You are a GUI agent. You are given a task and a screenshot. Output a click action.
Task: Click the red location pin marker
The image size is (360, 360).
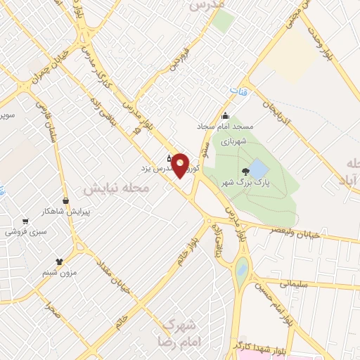pos(181,165)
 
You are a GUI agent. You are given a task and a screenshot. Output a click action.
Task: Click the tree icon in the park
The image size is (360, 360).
pos(245,171)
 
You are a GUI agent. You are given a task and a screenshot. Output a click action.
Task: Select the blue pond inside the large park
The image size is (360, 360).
pos(258,169)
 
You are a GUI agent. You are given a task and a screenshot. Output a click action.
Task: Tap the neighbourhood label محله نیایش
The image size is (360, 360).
pos(117,188)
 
